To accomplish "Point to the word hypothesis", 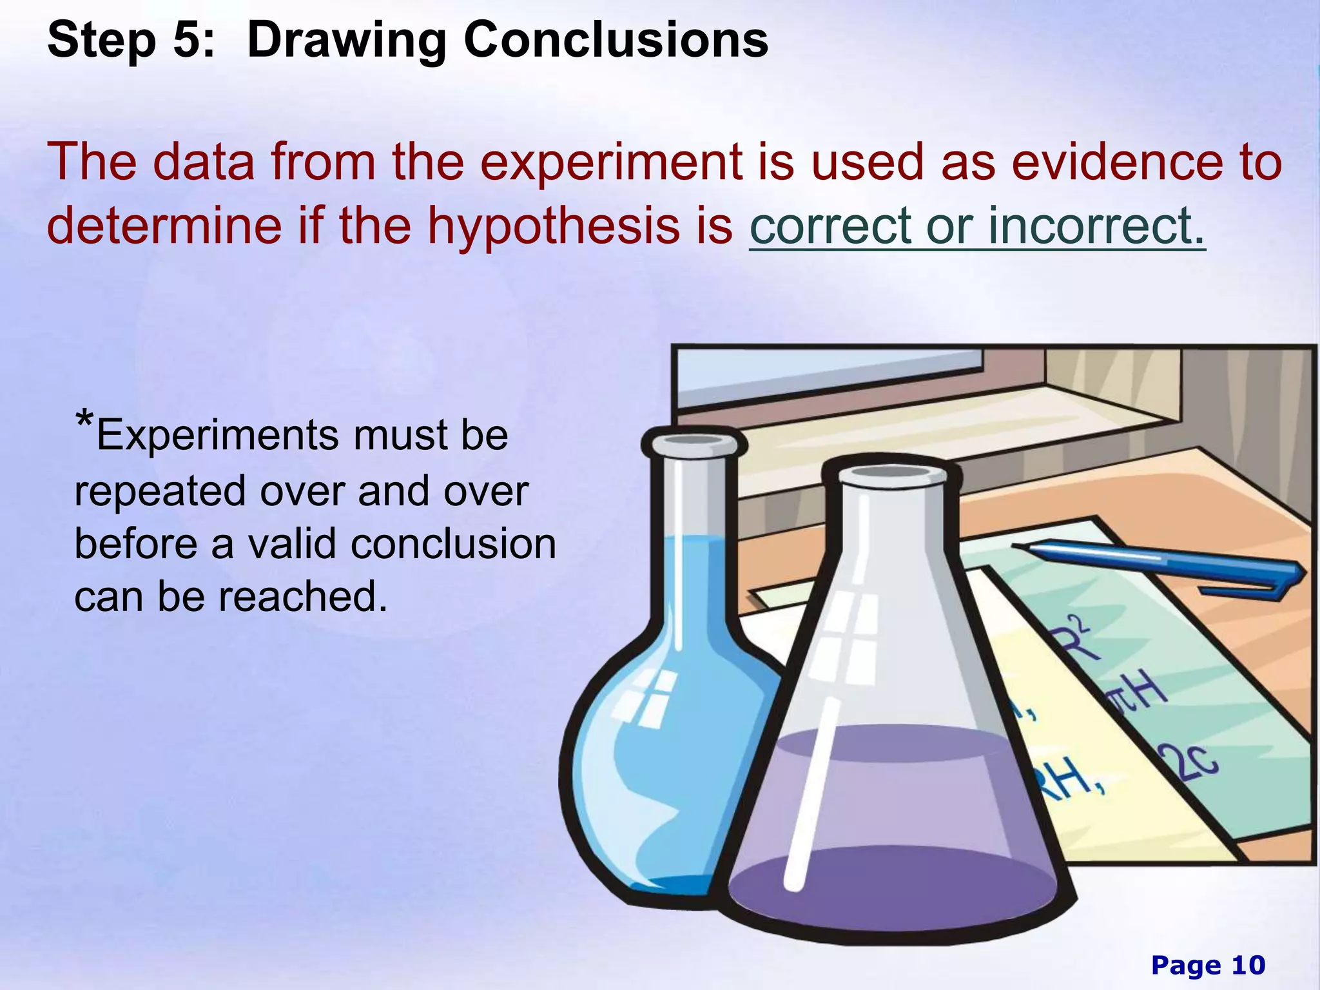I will coord(553,226).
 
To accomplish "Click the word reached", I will coord(303,597).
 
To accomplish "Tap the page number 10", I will coord(1248,965).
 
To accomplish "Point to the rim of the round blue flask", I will coord(694,442).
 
